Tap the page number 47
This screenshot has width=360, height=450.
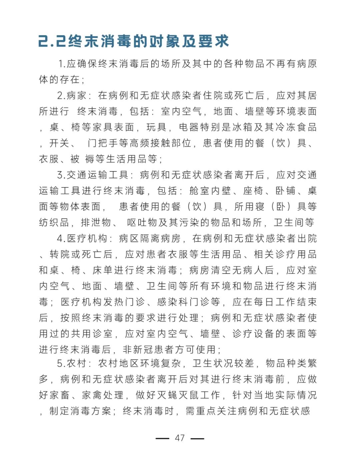pos(180,438)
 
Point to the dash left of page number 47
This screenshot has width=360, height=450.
pos(162,438)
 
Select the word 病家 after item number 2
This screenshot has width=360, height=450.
pos(77,95)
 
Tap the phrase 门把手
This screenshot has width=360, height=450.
pos(103,143)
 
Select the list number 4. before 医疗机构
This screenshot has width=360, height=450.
pos(61,239)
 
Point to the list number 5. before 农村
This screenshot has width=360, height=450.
pos(61,363)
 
